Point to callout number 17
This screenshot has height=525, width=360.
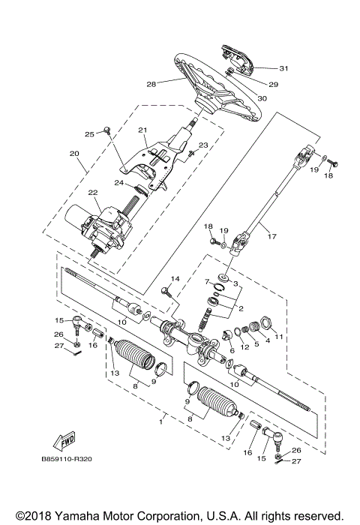[271, 237]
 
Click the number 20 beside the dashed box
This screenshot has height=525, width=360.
[73, 154]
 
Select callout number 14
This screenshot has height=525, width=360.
[175, 279]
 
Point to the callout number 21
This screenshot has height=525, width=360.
[142, 129]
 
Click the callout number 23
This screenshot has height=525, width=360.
[202, 145]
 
